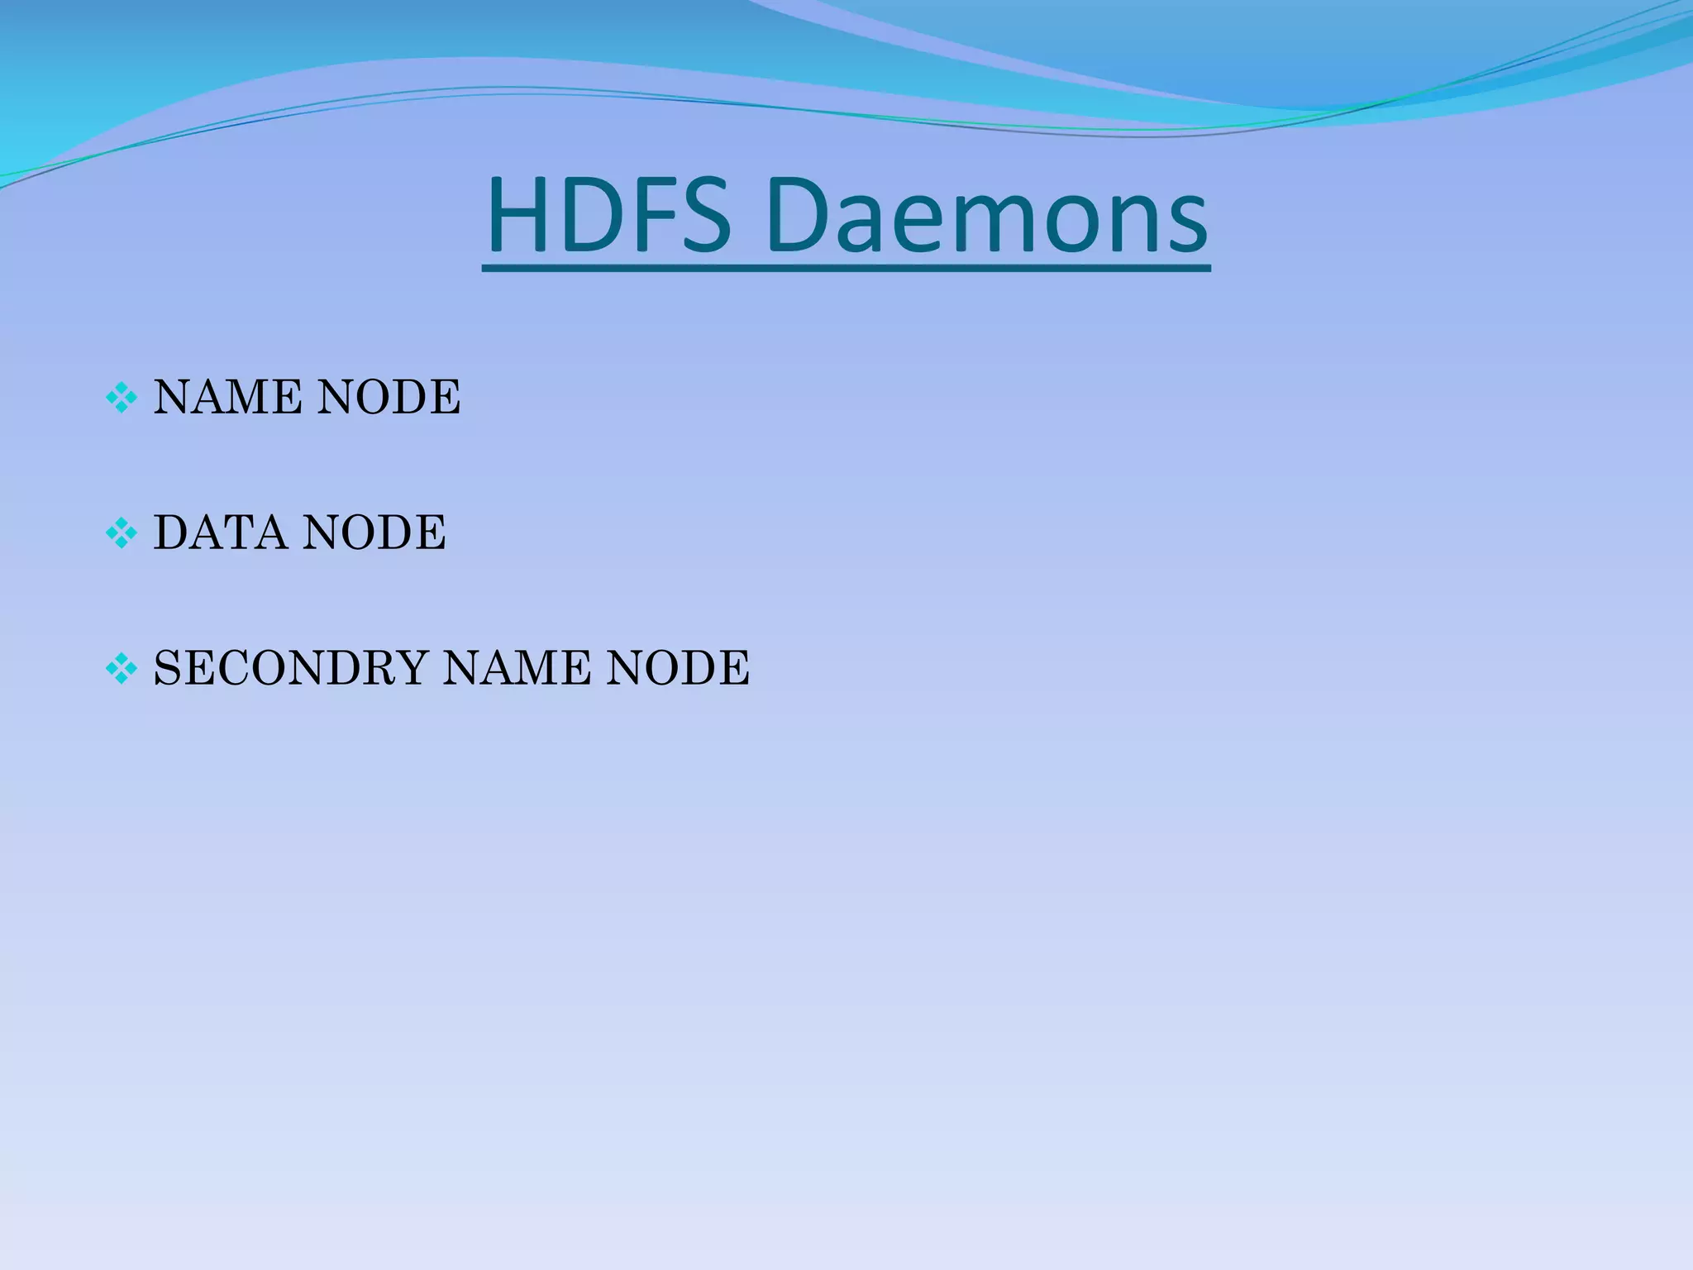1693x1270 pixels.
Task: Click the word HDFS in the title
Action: (608, 216)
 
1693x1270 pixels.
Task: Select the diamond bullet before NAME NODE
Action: (122, 399)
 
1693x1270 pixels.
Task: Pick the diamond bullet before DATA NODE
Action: (122, 533)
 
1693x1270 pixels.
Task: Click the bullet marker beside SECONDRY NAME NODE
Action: (122, 668)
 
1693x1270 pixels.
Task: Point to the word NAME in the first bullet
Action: (226, 398)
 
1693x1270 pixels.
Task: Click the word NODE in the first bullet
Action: (389, 398)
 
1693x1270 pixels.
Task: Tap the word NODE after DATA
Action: (374, 532)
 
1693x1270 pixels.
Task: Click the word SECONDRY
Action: (290, 668)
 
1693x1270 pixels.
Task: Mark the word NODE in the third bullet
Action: (678, 668)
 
